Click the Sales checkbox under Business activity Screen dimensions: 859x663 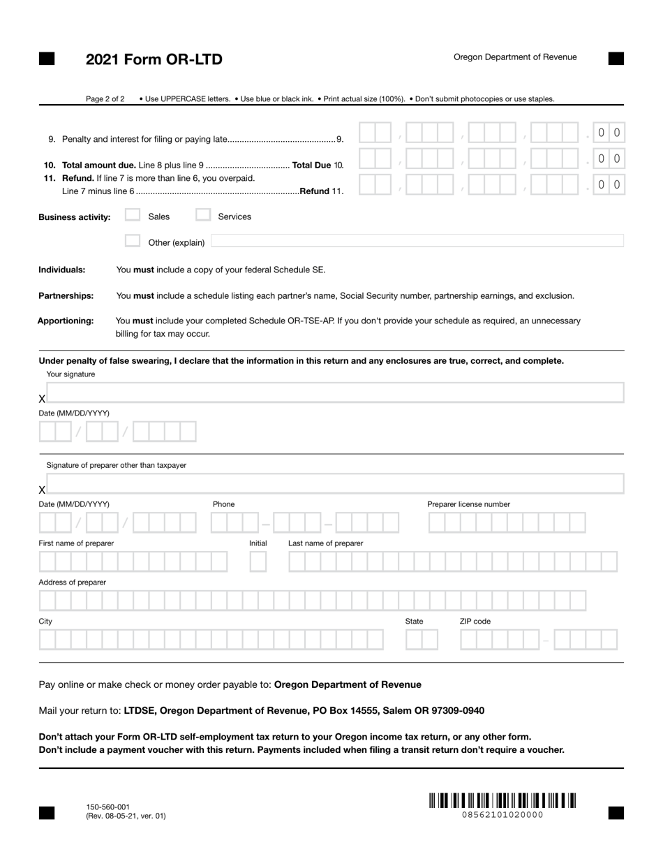coord(133,216)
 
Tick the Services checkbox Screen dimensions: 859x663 coord(202,216)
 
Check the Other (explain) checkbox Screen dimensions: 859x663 coord(133,242)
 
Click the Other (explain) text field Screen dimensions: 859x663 coord(417,242)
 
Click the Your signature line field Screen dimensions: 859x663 coord(335,392)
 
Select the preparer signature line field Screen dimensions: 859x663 coord(335,483)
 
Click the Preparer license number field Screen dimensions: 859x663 coord(507,523)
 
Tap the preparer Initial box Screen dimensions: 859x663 coord(258,561)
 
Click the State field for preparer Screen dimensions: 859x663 coord(422,640)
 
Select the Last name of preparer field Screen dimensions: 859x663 coord(452,561)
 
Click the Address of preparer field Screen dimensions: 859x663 coord(313,601)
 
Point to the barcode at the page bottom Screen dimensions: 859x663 coord(502,800)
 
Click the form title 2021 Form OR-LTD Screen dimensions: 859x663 coord(154,59)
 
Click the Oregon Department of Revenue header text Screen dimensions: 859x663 coord(515,57)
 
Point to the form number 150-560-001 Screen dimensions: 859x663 coord(107,807)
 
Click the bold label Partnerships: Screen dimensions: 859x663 coord(66,296)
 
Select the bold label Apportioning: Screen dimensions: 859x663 coord(66,321)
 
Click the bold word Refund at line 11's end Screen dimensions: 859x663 coord(314,191)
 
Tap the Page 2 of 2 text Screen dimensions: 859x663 coord(105,99)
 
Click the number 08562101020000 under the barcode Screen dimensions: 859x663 coord(502,815)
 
